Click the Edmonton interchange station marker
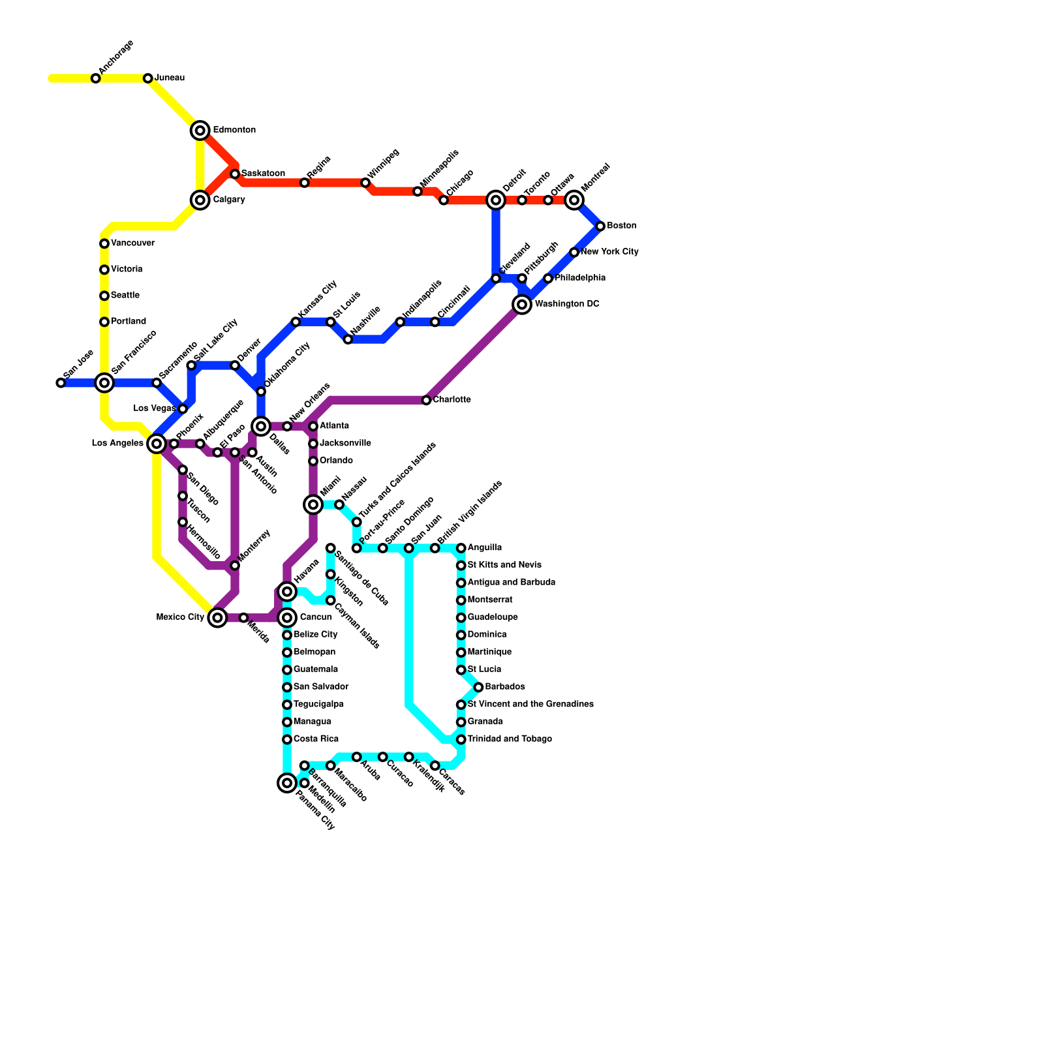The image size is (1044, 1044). point(200,130)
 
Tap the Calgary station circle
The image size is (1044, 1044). point(200,200)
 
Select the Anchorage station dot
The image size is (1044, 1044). point(96,78)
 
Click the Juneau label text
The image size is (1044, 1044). point(170,78)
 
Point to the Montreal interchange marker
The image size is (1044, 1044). point(574,200)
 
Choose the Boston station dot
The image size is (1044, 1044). point(600,226)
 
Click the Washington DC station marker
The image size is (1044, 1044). point(522,304)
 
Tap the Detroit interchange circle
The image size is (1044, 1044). point(496,200)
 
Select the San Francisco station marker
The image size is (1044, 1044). point(104,382)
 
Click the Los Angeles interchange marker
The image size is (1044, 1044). point(157,444)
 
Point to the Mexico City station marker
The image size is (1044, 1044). point(218,617)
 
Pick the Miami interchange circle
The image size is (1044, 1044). point(313,504)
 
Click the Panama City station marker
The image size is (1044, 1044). point(287,782)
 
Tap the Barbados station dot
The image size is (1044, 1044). point(478,687)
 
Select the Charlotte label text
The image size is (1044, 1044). point(452,400)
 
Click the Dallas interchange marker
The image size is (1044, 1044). point(261,426)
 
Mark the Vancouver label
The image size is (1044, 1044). point(132,243)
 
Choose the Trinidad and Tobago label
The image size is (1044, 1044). point(510,739)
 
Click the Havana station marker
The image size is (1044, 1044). point(287,591)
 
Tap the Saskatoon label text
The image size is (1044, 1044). point(263,174)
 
